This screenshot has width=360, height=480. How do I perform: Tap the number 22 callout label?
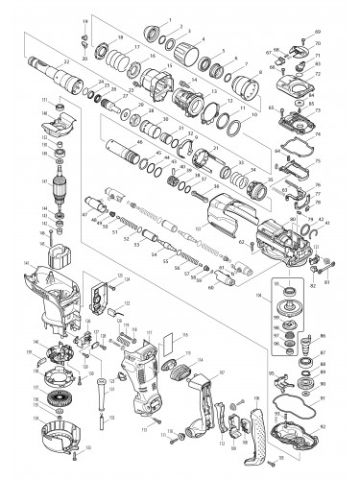[65, 60]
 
